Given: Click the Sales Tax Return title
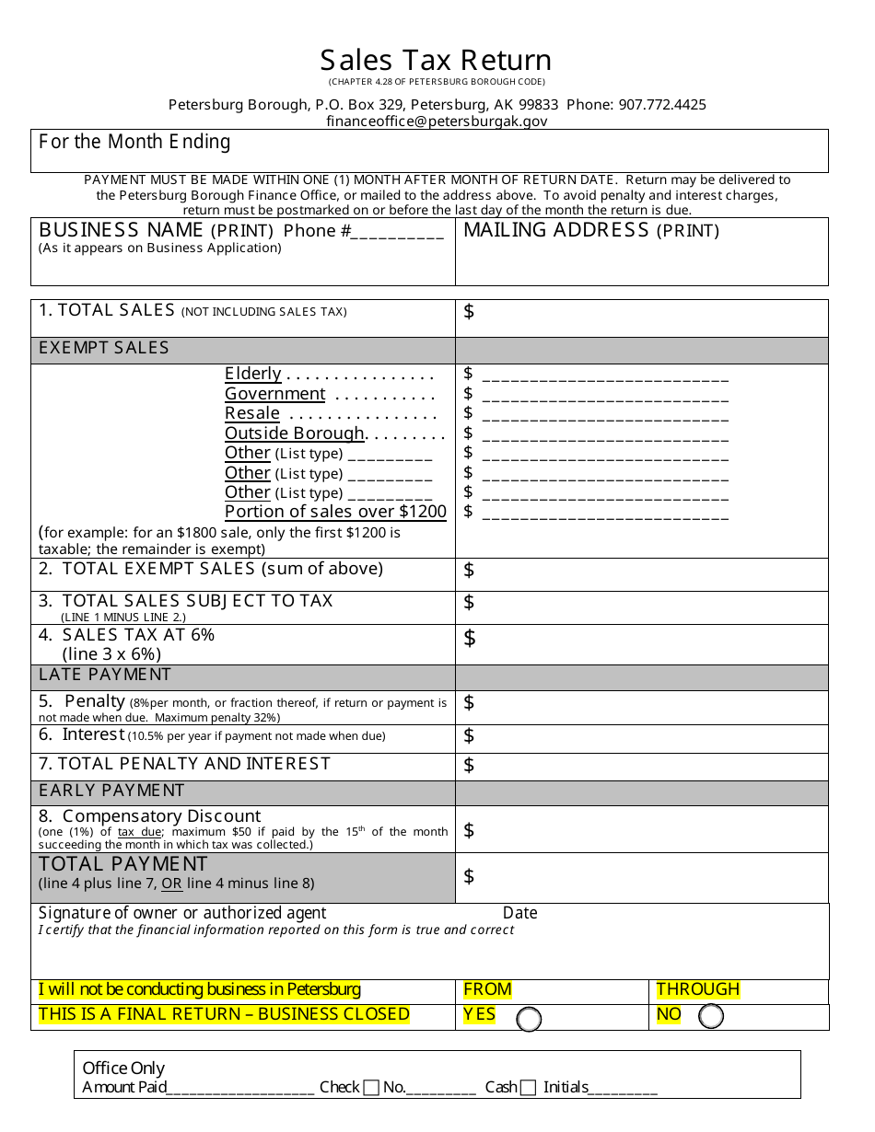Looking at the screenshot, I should point(436,60).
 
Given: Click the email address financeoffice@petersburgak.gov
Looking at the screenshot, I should point(437,121).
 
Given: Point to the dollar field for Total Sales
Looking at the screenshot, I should point(641,318).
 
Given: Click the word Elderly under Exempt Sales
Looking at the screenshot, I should point(253,374).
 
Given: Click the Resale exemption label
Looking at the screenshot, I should point(252,413).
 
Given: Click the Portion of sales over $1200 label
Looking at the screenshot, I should point(335,512).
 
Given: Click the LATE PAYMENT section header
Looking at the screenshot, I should point(105,676).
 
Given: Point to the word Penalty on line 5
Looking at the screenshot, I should point(95,701).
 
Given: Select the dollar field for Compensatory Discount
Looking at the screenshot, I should point(641,830).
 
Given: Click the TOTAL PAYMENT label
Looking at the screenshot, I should point(123,864).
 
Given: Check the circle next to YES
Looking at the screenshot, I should point(529,1019).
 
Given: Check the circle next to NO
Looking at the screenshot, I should point(711,1016).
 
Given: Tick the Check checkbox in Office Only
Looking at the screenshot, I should point(371,1089).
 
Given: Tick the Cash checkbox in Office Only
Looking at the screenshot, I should point(528,1089).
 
